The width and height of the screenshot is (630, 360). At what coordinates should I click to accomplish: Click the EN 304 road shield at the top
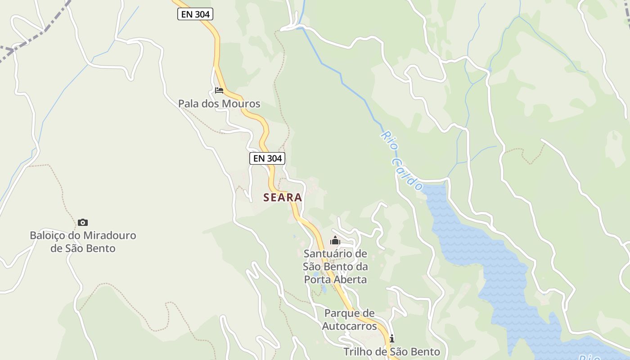[195, 14]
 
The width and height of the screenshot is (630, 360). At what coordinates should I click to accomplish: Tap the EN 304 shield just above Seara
[267, 158]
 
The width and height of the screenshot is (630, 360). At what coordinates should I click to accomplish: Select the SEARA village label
[283, 197]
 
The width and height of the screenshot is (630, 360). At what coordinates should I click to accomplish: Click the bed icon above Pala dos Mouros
[219, 90]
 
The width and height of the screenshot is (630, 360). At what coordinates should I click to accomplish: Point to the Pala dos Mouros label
[219, 103]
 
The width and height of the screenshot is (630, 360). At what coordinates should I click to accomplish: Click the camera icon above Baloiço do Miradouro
[83, 222]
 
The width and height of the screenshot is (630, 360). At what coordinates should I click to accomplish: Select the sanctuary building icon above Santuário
[335, 241]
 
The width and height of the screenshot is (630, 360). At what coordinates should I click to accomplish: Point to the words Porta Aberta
[335, 279]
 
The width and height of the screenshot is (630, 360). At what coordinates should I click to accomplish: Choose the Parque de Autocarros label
[350, 319]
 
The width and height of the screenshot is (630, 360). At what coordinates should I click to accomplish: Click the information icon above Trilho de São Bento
[391, 338]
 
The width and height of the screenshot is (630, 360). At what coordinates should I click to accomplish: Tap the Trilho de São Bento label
[391, 351]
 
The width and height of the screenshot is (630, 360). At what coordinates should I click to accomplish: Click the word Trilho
[358, 351]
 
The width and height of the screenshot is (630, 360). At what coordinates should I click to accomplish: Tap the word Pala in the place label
[189, 103]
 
